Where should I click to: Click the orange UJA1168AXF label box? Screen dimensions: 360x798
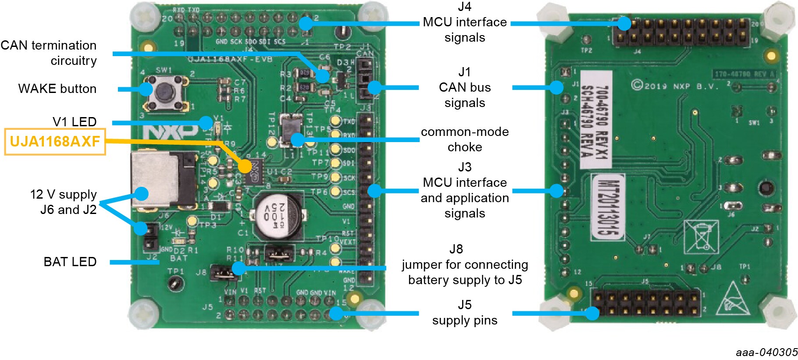click(x=55, y=142)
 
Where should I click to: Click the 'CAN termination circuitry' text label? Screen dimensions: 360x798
click(x=49, y=53)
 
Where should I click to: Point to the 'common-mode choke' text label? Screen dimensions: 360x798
click(x=465, y=139)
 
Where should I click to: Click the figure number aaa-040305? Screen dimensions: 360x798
click(x=766, y=352)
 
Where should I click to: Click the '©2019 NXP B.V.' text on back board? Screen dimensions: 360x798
click(x=675, y=86)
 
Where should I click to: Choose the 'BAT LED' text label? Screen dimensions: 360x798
click(x=70, y=262)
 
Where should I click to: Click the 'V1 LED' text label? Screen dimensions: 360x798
click(x=74, y=121)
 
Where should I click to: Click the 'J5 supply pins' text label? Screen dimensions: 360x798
click(x=465, y=312)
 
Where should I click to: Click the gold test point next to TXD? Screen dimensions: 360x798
click(x=336, y=121)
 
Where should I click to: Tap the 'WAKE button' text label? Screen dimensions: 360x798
click(x=57, y=89)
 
